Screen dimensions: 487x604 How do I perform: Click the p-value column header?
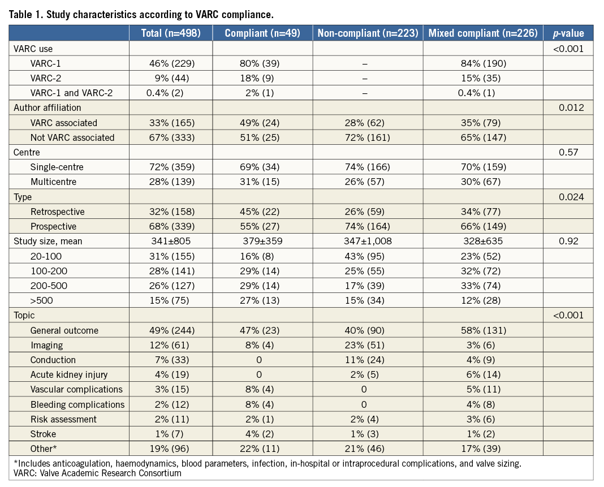point(568,33)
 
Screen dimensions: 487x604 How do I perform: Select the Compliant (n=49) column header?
point(263,33)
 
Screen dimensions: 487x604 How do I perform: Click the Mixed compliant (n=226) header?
point(482,33)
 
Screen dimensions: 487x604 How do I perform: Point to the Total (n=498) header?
point(171,33)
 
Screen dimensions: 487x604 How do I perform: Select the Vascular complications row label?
point(76,389)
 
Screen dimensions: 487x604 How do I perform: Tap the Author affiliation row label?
point(48,107)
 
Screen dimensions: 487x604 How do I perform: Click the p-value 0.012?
point(568,107)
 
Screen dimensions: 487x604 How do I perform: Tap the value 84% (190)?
point(482,63)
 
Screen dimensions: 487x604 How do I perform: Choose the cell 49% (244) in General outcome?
point(171,330)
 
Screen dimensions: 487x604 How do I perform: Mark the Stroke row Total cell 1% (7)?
point(171,434)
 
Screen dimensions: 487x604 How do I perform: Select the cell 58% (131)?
point(482,330)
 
